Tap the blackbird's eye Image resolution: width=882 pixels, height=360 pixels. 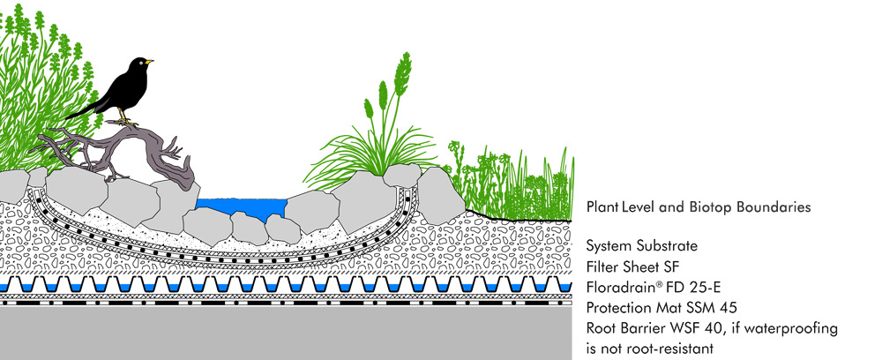142,62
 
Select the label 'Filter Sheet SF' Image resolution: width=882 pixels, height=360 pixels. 632,265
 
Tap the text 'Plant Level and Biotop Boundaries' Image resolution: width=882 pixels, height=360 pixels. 699,207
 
